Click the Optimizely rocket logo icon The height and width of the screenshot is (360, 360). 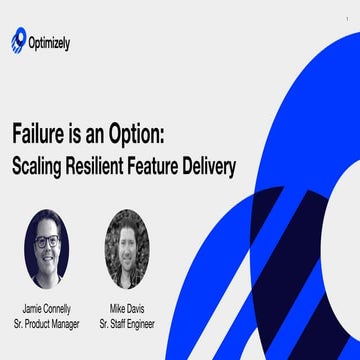pos(19,41)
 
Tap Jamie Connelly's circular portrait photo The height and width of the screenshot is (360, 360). pos(46,247)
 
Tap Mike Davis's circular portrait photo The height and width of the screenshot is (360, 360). pos(125,247)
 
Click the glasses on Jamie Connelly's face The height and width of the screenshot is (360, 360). pos(46,242)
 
